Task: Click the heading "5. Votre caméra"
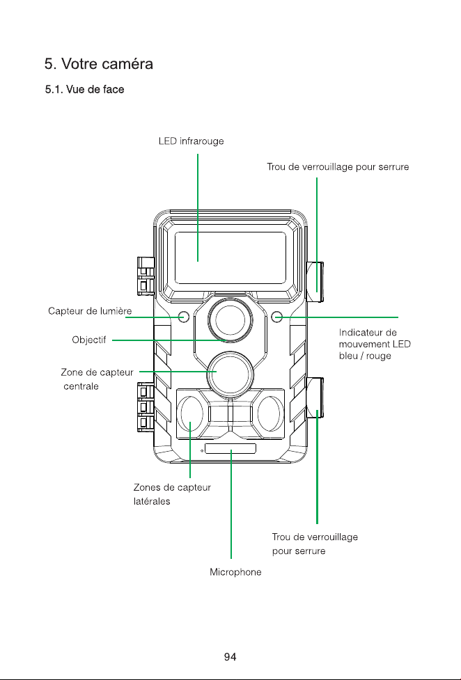(99, 64)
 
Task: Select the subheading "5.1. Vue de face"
(85, 89)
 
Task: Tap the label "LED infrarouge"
(191, 141)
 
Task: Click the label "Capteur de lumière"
(90, 311)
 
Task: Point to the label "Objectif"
(89, 340)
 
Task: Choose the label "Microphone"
(235, 572)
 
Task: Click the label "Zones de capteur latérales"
(172, 494)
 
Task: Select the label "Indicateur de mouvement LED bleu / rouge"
(375, 344)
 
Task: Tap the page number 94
(230, 657)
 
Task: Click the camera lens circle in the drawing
(230, 320)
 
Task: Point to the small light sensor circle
(184, 317)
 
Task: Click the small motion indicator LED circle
(277, 317)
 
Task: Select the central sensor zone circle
(230, 374)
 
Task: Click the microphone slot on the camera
(230, 449)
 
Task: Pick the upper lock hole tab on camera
(315, 281)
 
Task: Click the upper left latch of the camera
(146, 274)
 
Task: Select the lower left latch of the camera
(146, 406)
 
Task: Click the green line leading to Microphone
(231, 505)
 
